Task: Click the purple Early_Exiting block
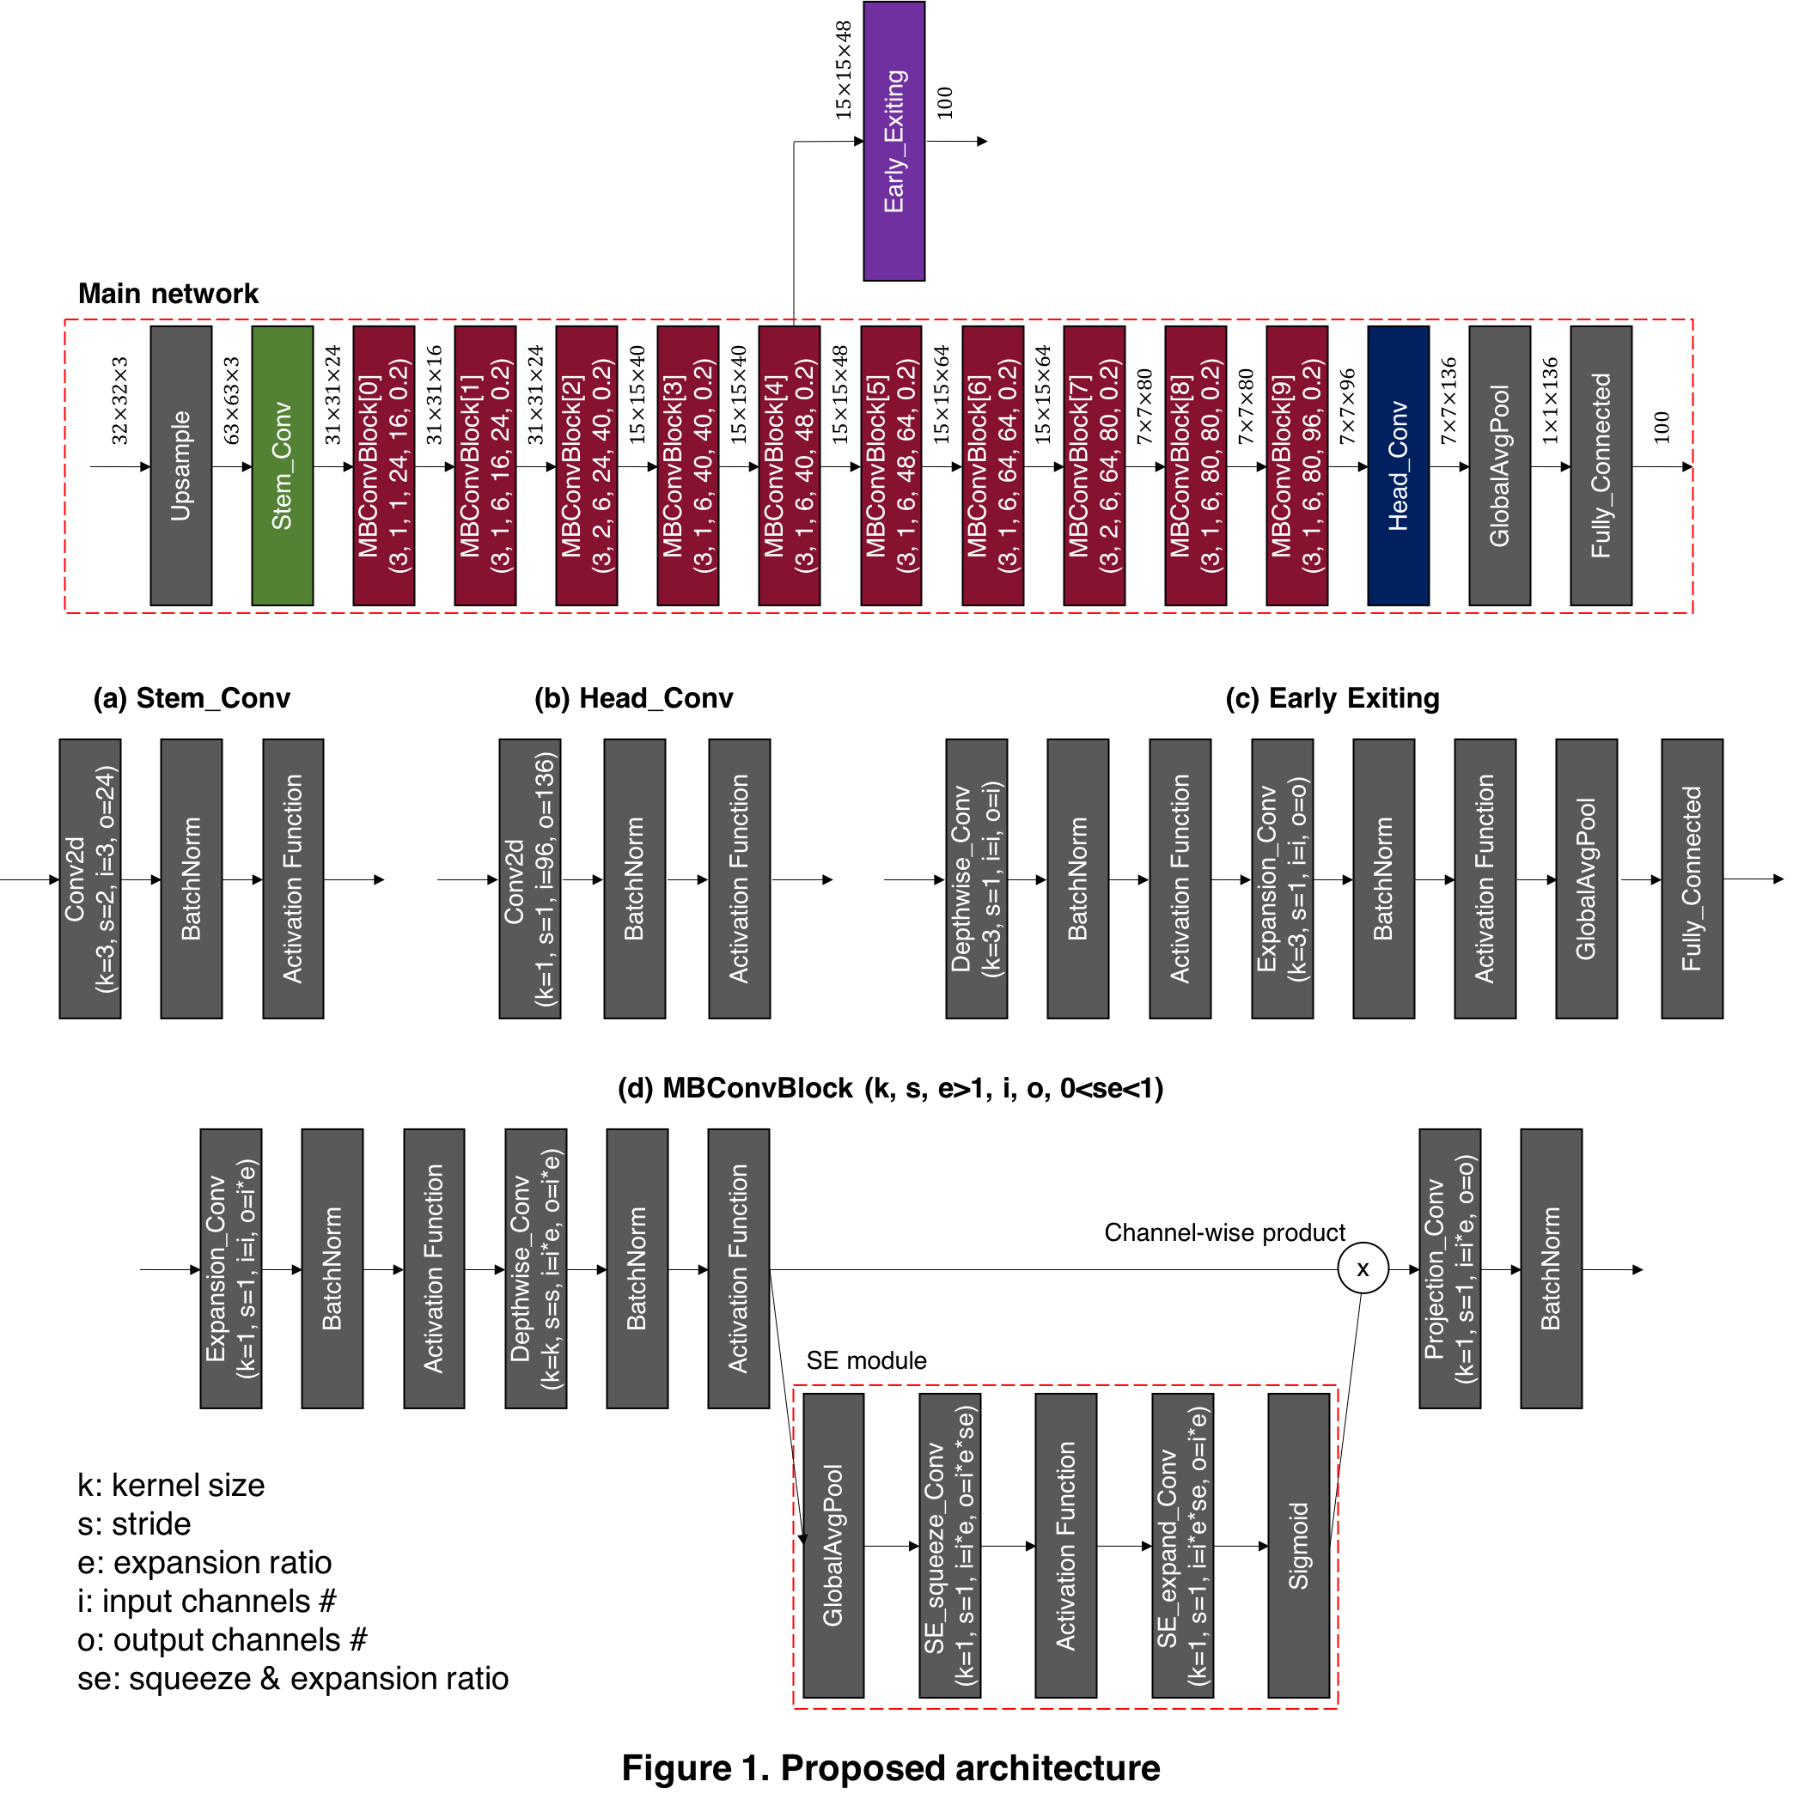(893, 141)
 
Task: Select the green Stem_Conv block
(283, 465)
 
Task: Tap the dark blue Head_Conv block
(1398, 465)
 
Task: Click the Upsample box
(181, 465)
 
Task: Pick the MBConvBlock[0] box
(384, 465)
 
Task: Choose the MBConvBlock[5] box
(891, 465)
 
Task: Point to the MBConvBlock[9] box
(1296, 465)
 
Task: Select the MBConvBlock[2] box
(587, 465)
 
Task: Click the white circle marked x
(1363, 1268)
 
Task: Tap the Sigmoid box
(1298, 1546)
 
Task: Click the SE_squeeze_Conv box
(949, 1546)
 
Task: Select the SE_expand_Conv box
(1182, 1546)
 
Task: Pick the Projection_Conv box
(1449, 1268)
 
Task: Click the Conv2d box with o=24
(90, 879)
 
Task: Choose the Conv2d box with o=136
(530, 879)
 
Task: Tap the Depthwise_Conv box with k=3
(977, 879)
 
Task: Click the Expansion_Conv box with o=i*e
(231, 1268)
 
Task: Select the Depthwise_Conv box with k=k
(536, 1268)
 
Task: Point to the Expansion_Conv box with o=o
(1283, 879)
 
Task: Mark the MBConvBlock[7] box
(1094, 465)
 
